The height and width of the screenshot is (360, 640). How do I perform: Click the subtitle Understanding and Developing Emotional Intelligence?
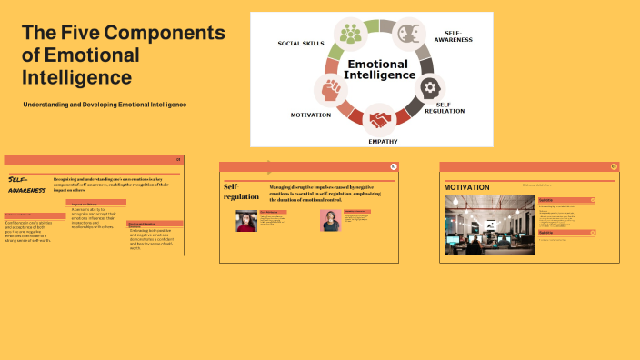pyautogui.click(x=105, y=105)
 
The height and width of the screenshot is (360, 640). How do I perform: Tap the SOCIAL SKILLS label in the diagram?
pyautogui.click(x=301, y=44)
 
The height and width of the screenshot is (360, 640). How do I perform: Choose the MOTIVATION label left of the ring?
pyautogui.click(x=311, y=115)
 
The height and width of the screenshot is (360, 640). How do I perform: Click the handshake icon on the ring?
pyautogui.click(x=379, y=118)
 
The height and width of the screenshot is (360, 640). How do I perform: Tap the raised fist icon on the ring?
pyautogui.click(x=330, y=90)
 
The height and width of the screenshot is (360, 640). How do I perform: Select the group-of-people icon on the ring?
pyautogui.click(x=350, y=35)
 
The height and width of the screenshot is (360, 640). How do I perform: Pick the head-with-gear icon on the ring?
pyautogui.click(x=430, y=88)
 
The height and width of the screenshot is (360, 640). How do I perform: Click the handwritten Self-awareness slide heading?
pyautogui.click(x=26, y=185)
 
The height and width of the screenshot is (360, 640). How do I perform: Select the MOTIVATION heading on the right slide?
pyautogui.click(x=466, y=187)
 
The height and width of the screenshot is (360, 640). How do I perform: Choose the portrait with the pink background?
pyautogui.click(x=330, y=221)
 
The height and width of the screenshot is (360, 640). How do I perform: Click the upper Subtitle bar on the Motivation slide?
pyautogui.click(x=566, y=200)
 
